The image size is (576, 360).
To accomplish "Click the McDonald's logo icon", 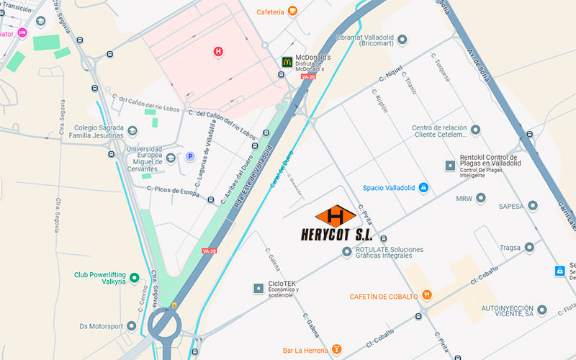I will point(287,63).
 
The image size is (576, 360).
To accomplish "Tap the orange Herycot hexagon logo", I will point(336,215).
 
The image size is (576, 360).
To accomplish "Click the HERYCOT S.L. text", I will point(344,235).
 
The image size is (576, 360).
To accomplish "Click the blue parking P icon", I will point(191,156).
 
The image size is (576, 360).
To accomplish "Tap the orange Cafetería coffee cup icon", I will point(292,11).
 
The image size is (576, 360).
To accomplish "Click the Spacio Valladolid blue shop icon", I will point(424,187).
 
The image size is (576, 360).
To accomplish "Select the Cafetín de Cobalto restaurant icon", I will point(428,295).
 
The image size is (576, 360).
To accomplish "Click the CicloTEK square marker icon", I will point(258,289).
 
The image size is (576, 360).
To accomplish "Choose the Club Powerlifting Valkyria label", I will point(100,278).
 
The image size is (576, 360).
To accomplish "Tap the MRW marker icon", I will point(482,198).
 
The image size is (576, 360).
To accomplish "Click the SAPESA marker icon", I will point(532,205).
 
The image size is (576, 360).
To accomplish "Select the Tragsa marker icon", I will point(529,247).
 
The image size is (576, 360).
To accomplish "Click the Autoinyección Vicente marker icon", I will point(541,310).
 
